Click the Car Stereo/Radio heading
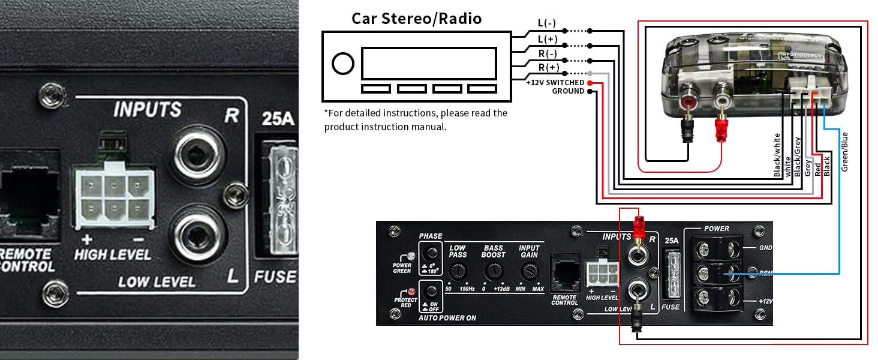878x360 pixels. point(416,18)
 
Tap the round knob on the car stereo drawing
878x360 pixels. point(342,64)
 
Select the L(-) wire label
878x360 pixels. point(547,23)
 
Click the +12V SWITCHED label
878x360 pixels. point(555,82)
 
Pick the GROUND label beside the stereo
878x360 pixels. point(567,91)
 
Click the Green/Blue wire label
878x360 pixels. point(844,151)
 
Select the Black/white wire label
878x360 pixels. point(777,155)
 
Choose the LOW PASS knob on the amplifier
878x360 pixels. point(458,272)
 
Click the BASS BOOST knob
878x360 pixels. point(493,272)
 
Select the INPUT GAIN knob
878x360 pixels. point(529,272)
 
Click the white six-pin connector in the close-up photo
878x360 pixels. point(113,193)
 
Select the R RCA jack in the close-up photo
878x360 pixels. point(197,154)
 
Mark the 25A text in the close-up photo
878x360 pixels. point(278,119)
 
